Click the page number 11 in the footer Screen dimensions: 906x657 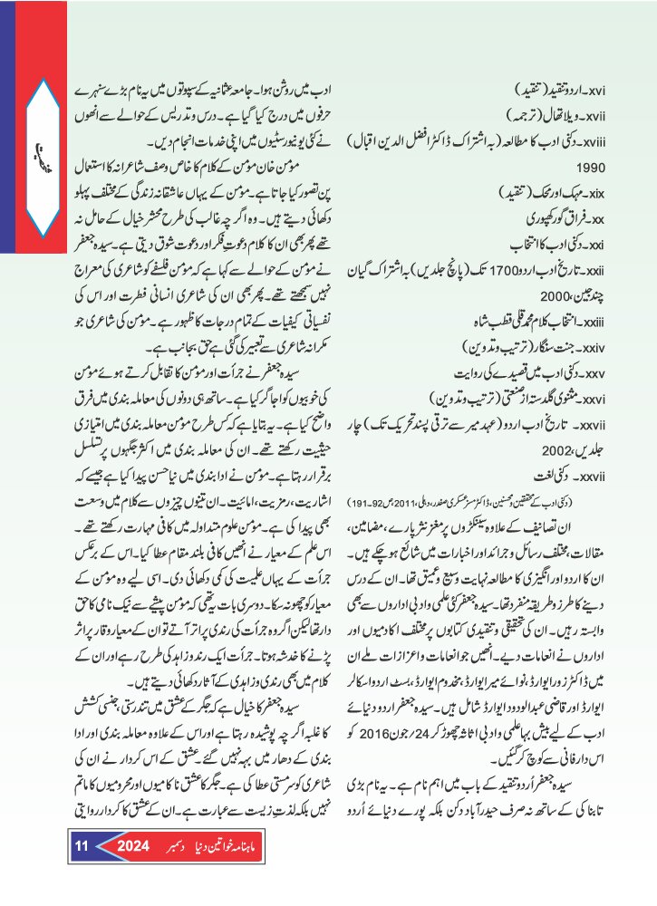80,847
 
